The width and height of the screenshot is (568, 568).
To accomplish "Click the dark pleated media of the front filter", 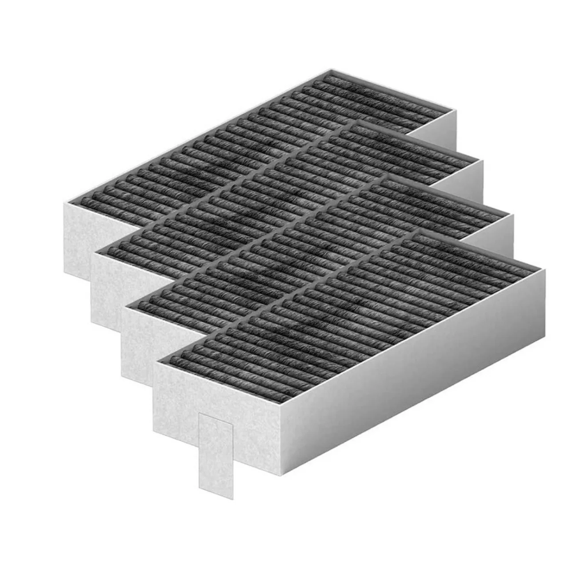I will (356, 307).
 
